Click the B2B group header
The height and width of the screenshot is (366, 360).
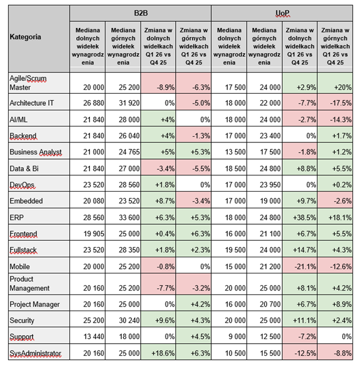[140, 13]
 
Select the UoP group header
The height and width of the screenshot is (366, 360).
[282, 13]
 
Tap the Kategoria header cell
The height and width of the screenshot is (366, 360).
[38, 38]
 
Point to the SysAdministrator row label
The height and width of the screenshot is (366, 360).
[38, 353]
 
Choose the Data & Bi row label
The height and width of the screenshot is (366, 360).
[38, 169]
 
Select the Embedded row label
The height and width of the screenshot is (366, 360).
[38, 201]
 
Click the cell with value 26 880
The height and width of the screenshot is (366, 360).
[87, 104]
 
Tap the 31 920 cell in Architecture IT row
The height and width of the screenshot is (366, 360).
[122, 104]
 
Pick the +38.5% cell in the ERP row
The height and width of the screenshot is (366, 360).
[299, 217]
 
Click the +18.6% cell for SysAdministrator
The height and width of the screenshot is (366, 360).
[158, 353]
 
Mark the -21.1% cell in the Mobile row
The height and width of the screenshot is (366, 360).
[299, 266]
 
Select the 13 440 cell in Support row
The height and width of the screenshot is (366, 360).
[87, 337]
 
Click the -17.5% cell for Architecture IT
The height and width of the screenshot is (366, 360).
[335, 104]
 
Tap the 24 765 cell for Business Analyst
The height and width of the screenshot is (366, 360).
[122, 152]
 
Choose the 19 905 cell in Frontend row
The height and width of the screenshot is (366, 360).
[87, 234]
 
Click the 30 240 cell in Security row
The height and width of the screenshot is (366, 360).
[122, 321]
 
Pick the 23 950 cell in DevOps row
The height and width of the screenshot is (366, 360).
[264, 185]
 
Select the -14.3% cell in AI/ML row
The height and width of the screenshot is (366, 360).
[335, 120]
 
